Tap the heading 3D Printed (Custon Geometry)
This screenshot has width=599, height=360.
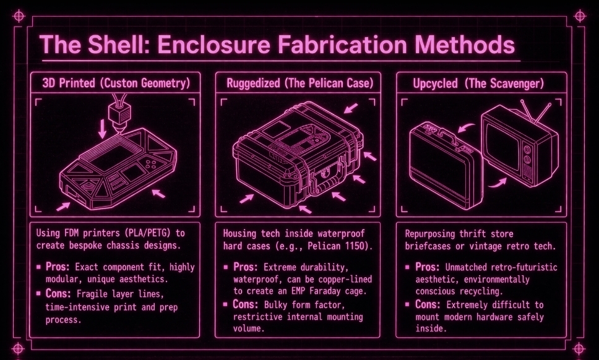[115, 83]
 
